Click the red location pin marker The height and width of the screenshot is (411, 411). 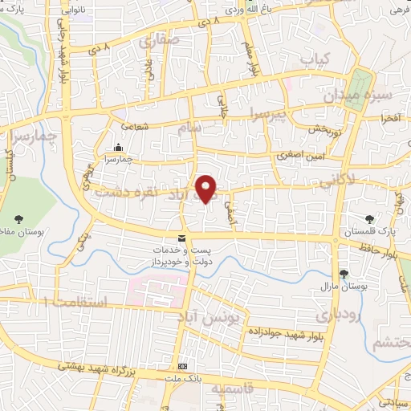point(207,189)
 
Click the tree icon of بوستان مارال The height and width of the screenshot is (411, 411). point(344,274)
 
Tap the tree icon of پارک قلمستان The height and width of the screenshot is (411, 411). point(369,218)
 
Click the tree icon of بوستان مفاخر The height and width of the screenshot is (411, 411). point(18,218)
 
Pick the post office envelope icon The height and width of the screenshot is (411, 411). point(182,238)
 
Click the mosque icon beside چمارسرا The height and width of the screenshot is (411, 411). point(119,148)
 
